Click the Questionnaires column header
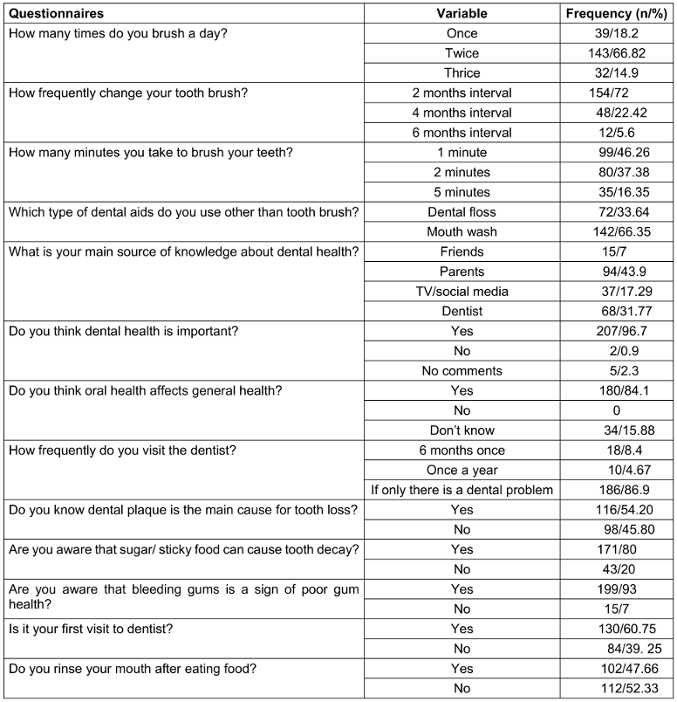pyautogui.click(x=56, y=14)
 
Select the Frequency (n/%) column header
pyautogui.click(x=617, y=14)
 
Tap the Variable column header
pyautogui.click(x=462, y=14)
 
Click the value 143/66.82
pyautogui.click(x=617, y=53)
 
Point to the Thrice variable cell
pyautogui.click(x=462, y=73)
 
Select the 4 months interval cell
pyautogui.click(x=462, y=113)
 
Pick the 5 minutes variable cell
pyautogui.click(x=462, y=192)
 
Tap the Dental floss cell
pyautogui.click(x=462, y=212)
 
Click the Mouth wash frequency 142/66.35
pyautogui.click(x=617, y=232)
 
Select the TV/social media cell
pyautogui.click(x=462, y=292)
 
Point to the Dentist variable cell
pyautogui.click(x=462, y=312)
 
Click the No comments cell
pyautogui.click(x=462, y=371)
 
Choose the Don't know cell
pyautogui.click(x=462, y=430)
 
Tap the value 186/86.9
pyautogui.click(x=617, y=490)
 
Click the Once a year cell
pyautogui.click(x=462, y=470)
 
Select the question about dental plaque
pyautogui.click(x=181, y=510)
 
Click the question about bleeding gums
pyautogui.click(x=183, y=596)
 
